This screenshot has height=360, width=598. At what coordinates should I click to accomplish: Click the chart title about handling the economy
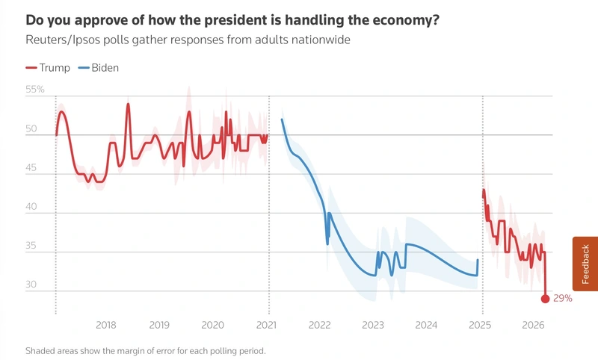pyautogui.click(x=232, y=19)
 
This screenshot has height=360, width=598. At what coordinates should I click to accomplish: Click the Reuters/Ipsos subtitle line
pyautogui.click(x=188, y=40)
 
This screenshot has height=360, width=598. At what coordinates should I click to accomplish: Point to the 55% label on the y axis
pyautogui.click(x=35, y=90)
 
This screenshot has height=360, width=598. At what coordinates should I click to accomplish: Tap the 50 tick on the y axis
pyautogui.click(x=31, y=129)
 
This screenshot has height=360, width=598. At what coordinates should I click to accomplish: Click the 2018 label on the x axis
pyautogui.click(x=106, y=326)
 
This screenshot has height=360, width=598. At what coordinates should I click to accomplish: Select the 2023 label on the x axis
pyautogui.click(x=373, y=326)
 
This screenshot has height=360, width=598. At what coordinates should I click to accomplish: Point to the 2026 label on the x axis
pyautogui.click(x=533, y=326)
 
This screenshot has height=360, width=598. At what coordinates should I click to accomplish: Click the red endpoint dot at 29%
pyautogui.click(x=545, y=299)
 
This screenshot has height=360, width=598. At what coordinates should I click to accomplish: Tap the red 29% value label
pyautogui.click(x=563, y=299)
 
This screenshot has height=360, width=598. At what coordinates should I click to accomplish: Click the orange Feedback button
pyautogui.click(x=585, y=264)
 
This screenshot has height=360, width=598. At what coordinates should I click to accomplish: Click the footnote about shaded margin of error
pyautogui.click(x=146, y=350)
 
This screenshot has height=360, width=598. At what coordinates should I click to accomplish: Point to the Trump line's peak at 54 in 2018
pyautogui.click(x=128, y=104)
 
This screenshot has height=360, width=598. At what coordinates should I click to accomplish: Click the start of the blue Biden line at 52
pyautogui.click(x=282, y=120)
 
